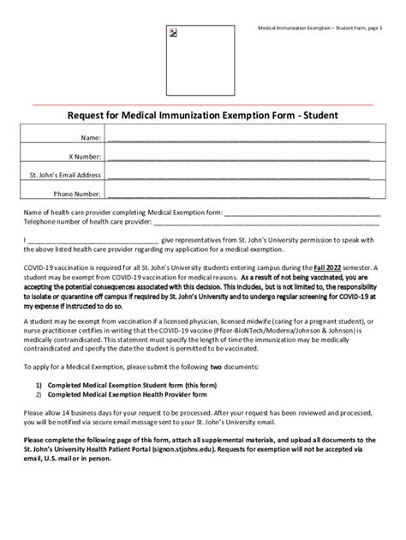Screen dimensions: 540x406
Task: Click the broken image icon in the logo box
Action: tap(173, 33)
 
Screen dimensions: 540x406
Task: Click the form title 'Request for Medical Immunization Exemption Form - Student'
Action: tap(202, 115)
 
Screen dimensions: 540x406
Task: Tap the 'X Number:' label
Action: tap(86, 157)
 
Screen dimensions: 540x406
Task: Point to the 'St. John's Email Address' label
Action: tap(66, 175)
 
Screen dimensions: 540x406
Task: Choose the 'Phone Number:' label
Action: tap(78, 194)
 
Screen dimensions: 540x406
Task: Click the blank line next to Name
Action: tap(239, 139)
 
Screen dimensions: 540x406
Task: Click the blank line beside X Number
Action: tap(239, 158)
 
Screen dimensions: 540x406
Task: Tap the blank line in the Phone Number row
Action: tap(239, 195)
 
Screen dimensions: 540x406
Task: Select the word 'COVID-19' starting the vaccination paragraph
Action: tap(40, 268)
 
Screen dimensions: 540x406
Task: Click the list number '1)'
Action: tap(39, 385)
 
